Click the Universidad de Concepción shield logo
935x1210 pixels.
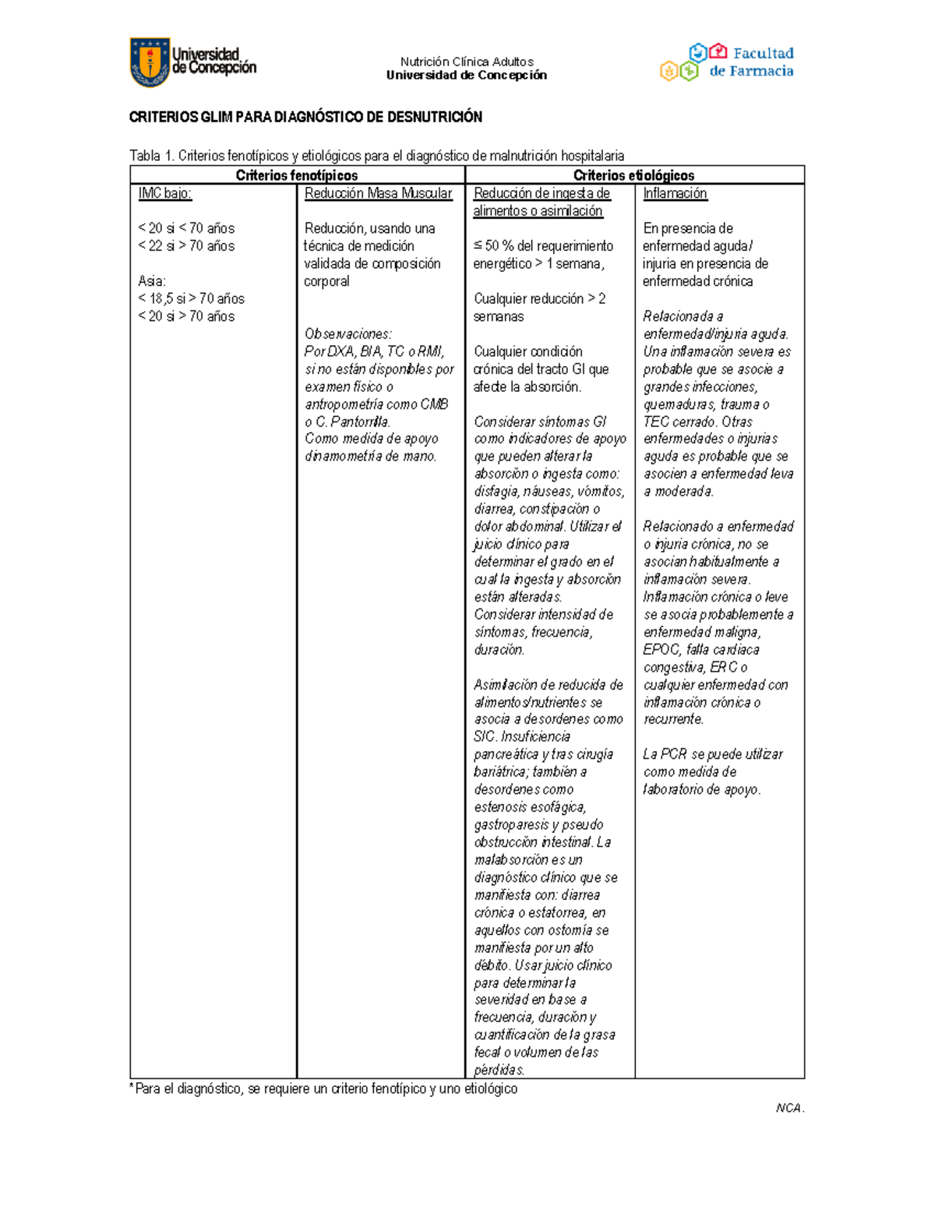tap(150, 62)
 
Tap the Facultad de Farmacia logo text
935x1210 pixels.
tap(750, 62)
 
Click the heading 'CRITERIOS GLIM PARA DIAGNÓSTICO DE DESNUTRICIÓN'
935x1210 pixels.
tap(305, 117)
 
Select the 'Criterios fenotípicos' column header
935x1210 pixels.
tap(297, 175)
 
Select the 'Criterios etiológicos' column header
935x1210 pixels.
tap(633, 175)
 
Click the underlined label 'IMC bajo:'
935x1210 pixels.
tap(164, 193)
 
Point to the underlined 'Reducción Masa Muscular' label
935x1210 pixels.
tap(378, 193)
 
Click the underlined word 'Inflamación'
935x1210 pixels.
tap(675, 193)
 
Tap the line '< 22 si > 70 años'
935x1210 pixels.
tap(186, 245)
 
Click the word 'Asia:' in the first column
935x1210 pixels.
tap(152, 280)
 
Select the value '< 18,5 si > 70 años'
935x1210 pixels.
tap(191, 298)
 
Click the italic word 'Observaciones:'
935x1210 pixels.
tap(348, 333)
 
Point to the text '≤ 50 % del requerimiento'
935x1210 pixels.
tap(543, 245)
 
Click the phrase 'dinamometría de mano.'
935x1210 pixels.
tap(370, 457)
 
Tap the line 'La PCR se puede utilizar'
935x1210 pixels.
tap(713, 754)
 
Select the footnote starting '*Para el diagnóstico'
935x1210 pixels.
tap(323, 1088)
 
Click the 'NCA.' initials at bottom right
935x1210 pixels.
tap(789, 1108)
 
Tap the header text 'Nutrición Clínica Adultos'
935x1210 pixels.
tap(467, 62)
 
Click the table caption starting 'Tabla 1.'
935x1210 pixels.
tap(376, 156)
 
